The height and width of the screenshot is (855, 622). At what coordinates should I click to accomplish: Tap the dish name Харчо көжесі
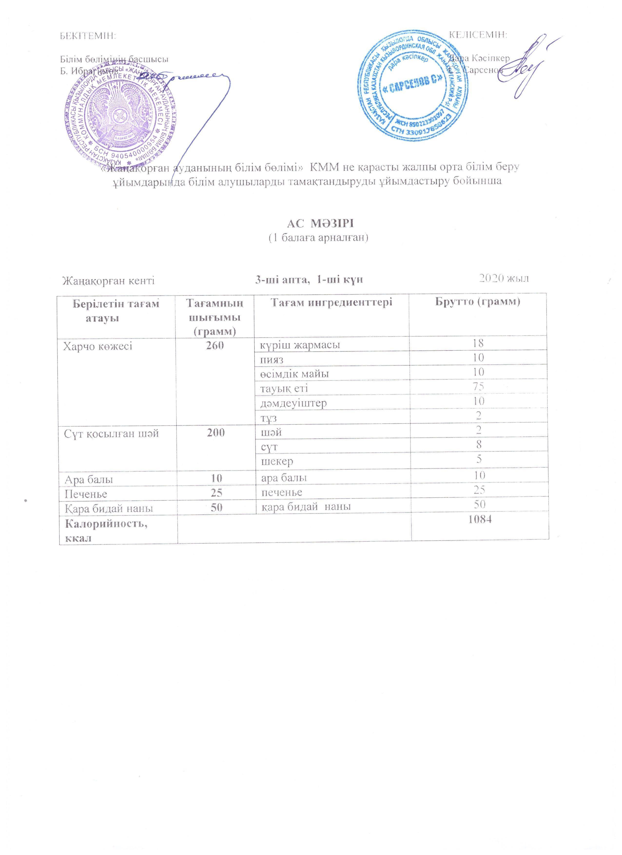(98, 346)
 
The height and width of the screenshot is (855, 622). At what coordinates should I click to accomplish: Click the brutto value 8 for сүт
(479, 445)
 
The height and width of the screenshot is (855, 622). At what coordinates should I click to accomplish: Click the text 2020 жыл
(503, 279)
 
